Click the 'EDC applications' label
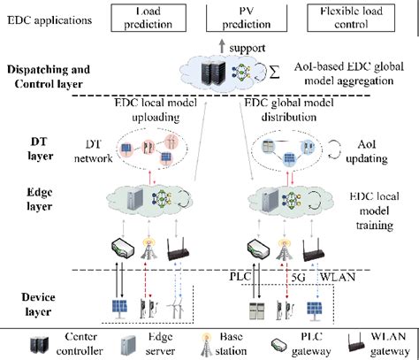click(50, 19)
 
